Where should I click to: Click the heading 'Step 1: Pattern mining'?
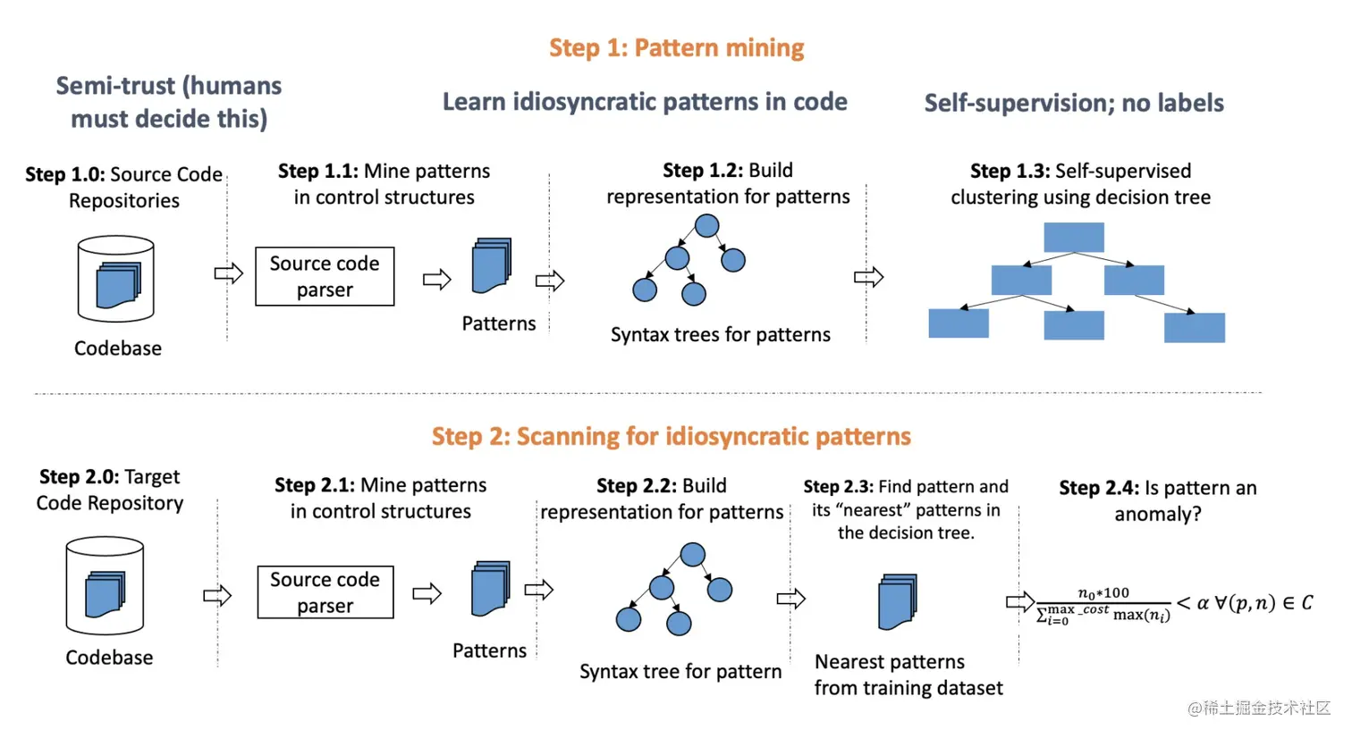click(x=677, y=47)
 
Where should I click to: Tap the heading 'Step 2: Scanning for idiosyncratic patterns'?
click(x=672, y=436)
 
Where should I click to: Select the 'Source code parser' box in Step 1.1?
click(x=325, y=276)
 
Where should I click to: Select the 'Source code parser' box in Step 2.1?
click(x=325, y=592)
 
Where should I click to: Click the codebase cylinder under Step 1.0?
click(x=116, y=279)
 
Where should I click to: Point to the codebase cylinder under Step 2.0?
click(x=105, y=585)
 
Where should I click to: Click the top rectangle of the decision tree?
click(x=1074, y=237)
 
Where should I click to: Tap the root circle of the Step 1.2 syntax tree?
click(x=706, y=225)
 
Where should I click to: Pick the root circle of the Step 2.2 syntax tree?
click(x=692, y=555)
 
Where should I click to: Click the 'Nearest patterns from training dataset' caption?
click(x=908, y=675)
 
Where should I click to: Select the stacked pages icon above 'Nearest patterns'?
click(x=898, y=601)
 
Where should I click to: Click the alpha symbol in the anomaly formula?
click(x=1203, y=603)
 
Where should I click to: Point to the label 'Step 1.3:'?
click(x=1010, y=171)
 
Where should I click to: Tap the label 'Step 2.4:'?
click(x=1099, y=488)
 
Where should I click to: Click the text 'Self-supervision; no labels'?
click(x=1074, y=103)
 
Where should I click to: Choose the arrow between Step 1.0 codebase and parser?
click(x=229, y=273)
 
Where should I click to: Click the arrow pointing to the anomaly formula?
click(x=1020, y=601)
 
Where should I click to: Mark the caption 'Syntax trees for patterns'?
click(x=720, y=335)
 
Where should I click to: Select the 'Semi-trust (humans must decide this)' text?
click(x=169, y=102)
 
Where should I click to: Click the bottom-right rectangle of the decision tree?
click(x=1195, y=327)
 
